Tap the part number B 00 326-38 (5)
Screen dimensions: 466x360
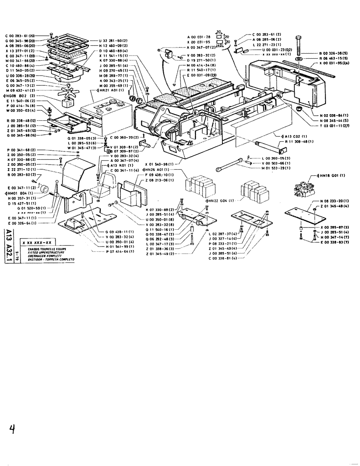tap(334, 54)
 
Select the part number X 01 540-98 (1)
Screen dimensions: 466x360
tap(159, 164)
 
